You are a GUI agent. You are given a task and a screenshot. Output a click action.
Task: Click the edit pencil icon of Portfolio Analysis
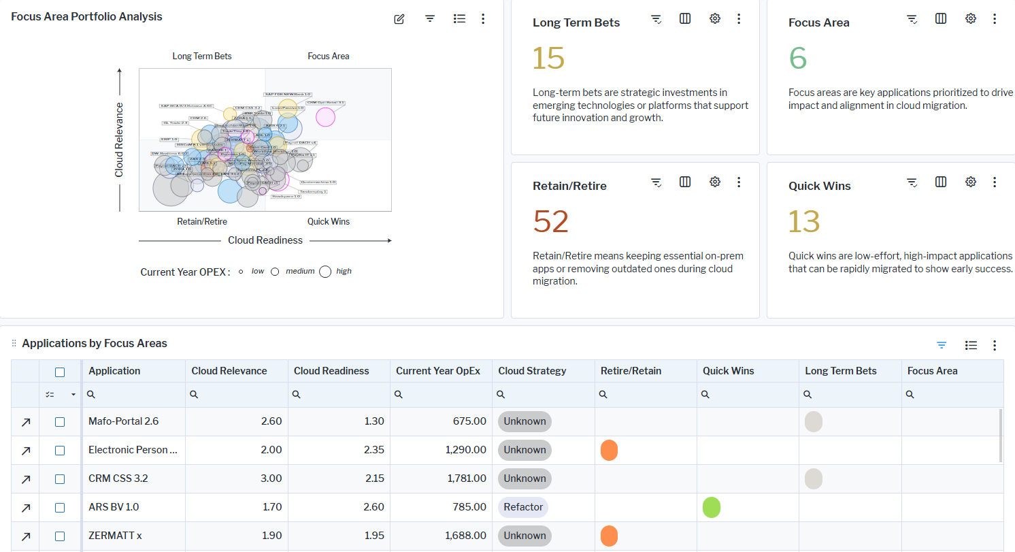click(399, 19)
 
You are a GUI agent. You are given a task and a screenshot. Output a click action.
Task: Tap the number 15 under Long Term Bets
click(548, 58)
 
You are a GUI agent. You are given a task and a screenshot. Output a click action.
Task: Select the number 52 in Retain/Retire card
click(550, 221)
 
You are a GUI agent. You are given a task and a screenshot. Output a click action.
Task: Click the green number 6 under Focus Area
click(798, 58)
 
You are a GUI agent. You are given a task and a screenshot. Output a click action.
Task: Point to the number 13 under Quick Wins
click(804, 221)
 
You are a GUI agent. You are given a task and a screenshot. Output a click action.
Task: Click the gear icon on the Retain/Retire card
click(714, 182)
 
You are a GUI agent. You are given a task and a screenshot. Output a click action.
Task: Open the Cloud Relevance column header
click(229, 371)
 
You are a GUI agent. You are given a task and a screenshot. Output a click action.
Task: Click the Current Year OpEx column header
click(438, 371)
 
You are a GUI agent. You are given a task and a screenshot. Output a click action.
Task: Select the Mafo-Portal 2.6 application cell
click(123, 421)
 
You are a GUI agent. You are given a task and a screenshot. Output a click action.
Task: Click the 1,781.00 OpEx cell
click(467, 478)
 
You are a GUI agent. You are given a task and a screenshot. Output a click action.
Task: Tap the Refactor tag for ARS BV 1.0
click(523, 507)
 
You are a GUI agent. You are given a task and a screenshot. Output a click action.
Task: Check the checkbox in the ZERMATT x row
click(60, 536)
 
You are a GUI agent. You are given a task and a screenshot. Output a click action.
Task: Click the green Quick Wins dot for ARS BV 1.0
click(712, 507)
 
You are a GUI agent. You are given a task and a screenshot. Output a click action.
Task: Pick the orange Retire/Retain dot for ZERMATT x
click(609, 536)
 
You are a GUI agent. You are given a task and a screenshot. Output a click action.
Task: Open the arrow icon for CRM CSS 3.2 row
click(26, 479)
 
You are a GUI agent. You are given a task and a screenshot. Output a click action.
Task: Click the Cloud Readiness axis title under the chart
click(265, 240)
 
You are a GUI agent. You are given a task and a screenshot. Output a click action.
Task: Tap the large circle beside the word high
click(325, 272)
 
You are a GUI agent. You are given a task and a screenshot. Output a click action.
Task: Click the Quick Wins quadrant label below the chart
click(328, 221)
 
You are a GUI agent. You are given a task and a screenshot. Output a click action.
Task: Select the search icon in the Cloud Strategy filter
click(501, 394)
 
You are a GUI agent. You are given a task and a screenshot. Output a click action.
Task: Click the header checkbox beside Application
click(60, 372)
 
